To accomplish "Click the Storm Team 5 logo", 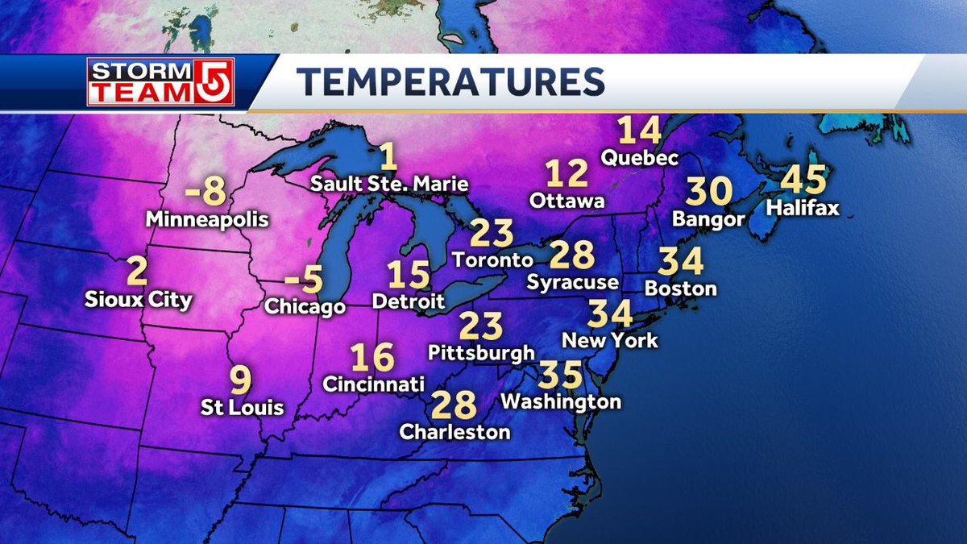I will tap(160, 82).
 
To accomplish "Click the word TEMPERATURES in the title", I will tap(450, 82).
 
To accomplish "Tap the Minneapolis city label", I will tap(207, 218).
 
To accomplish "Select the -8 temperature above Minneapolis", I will tap(205, 192).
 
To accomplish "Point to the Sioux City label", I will tap(139, 300).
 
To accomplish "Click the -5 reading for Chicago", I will tap(304, 280).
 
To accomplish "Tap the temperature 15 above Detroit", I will tap(408, 276).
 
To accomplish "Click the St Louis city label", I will tap(243, 407).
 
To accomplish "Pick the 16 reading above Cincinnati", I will tap(372, 357).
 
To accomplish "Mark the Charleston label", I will tap(455, 432).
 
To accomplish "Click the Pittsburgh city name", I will tap(481, 352).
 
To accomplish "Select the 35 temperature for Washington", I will tap(560, 375).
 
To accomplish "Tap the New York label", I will tap(610, 340).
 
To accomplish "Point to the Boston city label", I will tap(681, 288).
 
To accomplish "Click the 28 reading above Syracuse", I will tap(572, 255).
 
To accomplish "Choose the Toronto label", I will tap(492, 260).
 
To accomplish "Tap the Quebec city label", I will tap(641, 157).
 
